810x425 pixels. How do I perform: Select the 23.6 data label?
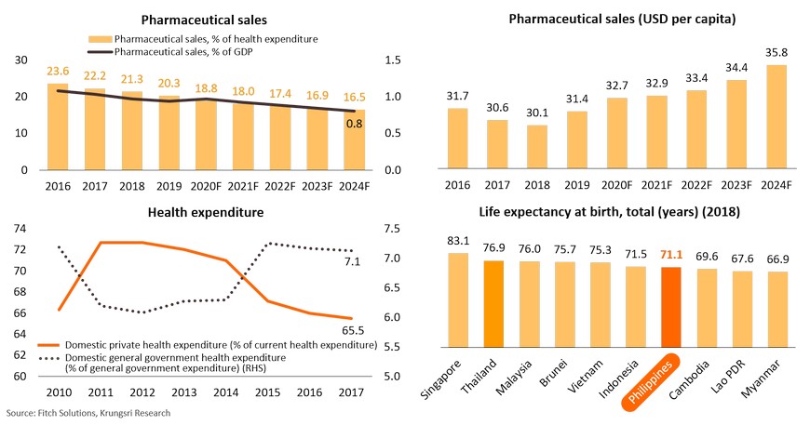(57, 73)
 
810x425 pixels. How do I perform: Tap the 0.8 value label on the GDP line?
(356, 123)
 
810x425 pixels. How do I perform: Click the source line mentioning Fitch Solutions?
(88, 412)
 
